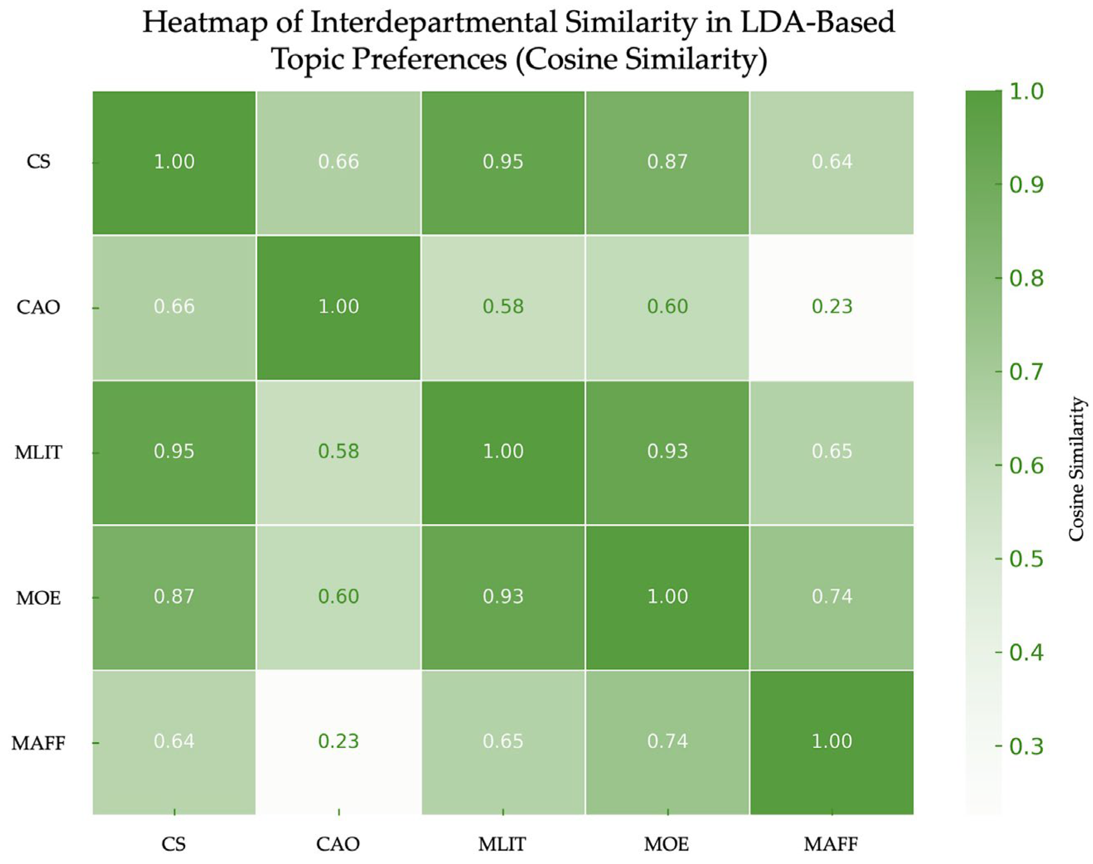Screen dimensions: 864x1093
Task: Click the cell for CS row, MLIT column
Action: pos(503,162)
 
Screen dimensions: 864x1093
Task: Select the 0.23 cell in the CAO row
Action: pos(832,306)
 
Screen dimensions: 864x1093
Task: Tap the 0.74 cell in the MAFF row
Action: pos(668,741)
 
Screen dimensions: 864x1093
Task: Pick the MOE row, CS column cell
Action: pos(174,597)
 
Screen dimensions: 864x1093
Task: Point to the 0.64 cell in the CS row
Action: pos(832,162)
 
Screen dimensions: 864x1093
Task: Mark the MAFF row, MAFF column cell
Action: pos(832,741)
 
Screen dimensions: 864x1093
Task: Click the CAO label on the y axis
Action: pos(39,307)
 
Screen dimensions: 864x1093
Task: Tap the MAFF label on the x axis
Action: pos(831,844)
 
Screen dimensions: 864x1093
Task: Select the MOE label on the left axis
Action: pos(39,598)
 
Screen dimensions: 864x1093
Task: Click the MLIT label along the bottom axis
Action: pos(502,844)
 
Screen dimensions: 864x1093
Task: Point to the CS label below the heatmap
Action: pos(174,844)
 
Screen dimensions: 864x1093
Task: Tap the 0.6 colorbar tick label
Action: pos(1026,466)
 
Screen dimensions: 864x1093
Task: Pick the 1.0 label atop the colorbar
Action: pos(1026,92)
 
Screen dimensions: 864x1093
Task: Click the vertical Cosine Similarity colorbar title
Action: pos(1077,469)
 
